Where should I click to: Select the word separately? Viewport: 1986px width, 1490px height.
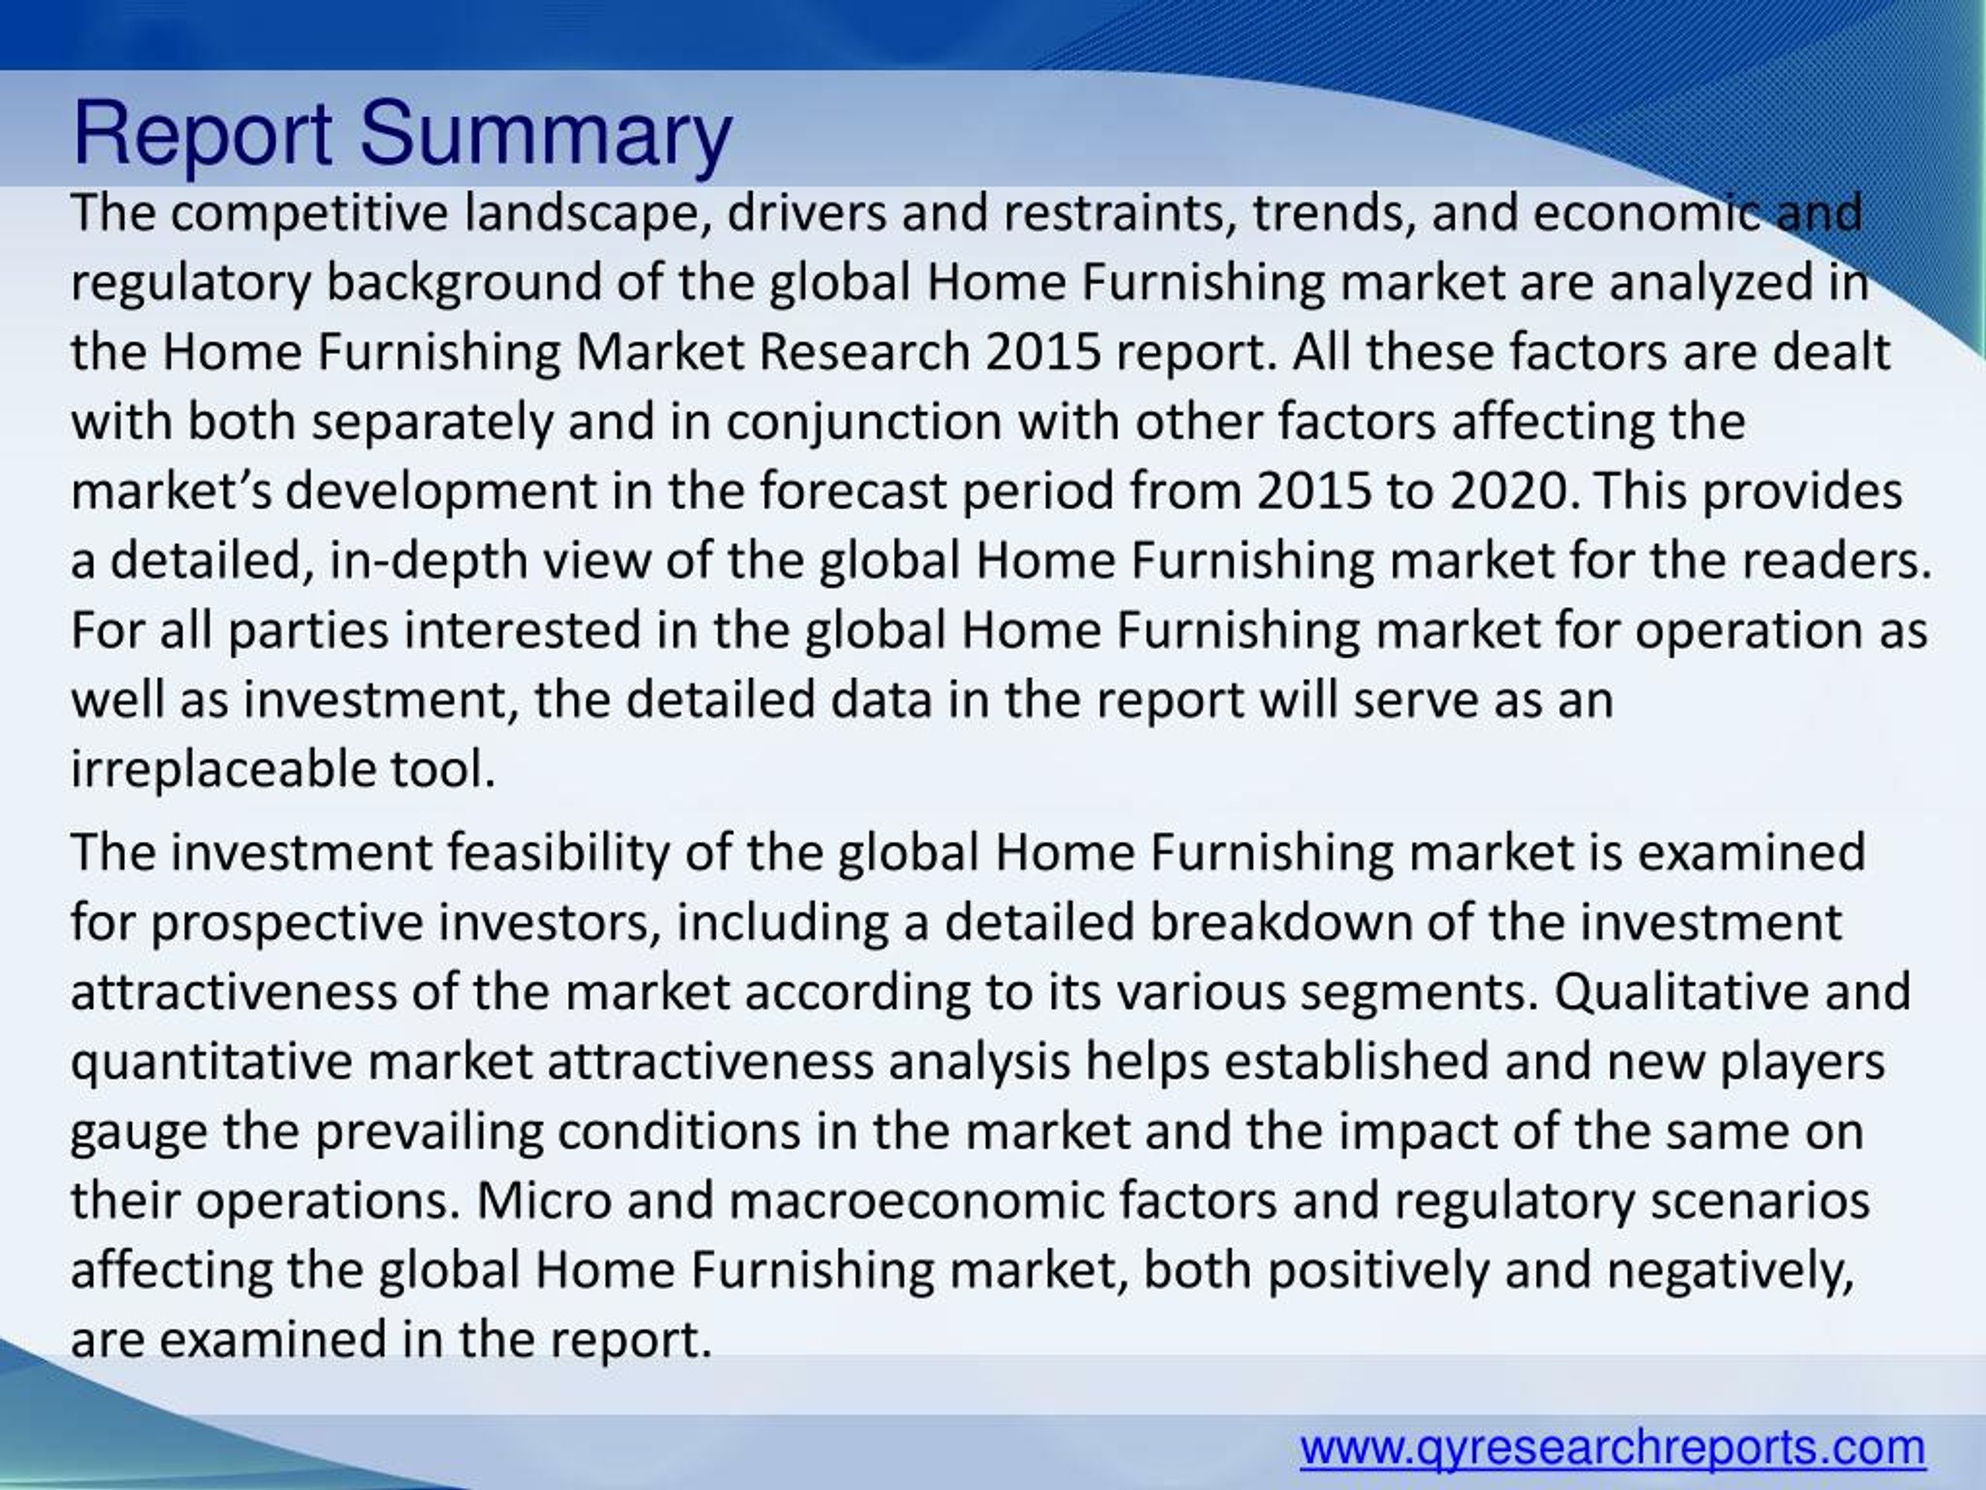click(432, 422)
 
